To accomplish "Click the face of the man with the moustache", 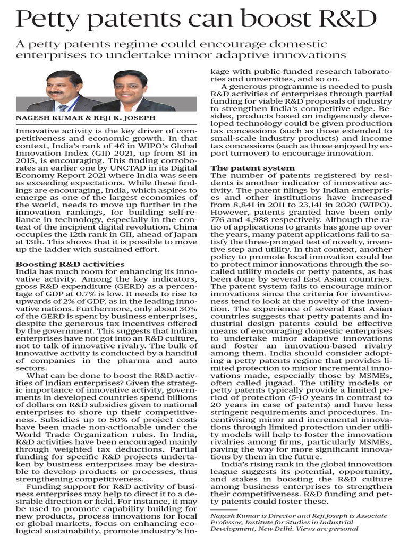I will (x=64, y=86).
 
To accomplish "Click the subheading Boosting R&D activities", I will (x=70, y=263).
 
